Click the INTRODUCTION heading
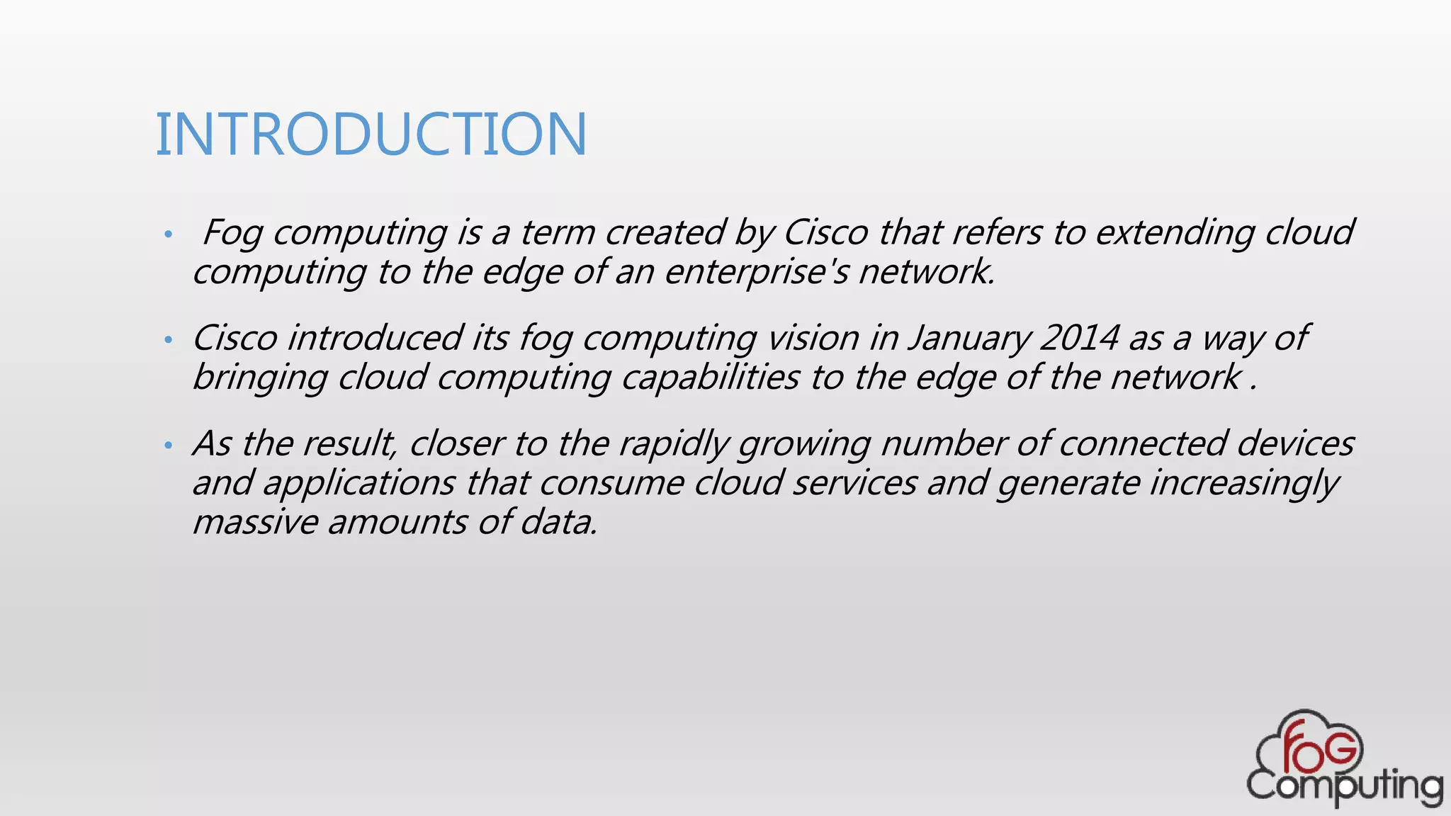pos(371,134)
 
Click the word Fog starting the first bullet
pos(232,233)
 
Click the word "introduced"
pos(376,338)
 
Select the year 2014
pos(1080,338)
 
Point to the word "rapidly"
pos(674,444)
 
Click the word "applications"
pos(359,484)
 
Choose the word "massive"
pos(256,523)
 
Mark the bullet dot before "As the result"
pos(168,446)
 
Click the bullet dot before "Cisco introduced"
pos(168,340)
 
